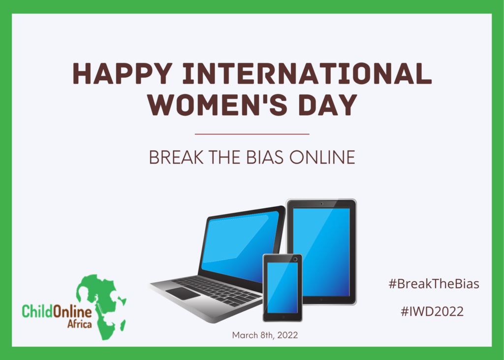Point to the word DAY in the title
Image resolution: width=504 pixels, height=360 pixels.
pyautogui.click(x=328, y=104)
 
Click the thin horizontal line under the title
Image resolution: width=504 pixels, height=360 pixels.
pyautogui.click(x=252, y=134)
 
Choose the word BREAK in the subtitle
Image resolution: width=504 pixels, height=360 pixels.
pyautogui.click(x=177, y=157)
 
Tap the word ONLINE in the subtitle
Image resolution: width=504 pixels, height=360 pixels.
pyautogui.click(x=322, y=157)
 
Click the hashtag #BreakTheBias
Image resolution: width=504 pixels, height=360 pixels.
pyautogui.click(x=434, y=284)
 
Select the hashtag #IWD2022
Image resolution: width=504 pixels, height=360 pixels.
pyautogui.click(x=432, y=311)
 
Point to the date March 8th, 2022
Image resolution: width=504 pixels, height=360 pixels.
pyautogui.click(x=265, y=335)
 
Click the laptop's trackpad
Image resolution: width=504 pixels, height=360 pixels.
pyautogui.click(x=183, y=294)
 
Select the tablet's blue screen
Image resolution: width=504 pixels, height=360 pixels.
pyautogui.click(x=321, y=252)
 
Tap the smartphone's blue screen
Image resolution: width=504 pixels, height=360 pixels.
pyautogui.click(x=283, y=288)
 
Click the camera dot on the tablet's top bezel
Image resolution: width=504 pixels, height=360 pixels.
pyautogui.click(x=321, y=204)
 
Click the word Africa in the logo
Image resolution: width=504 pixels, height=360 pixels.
pyautogui.click(x=79, y=323)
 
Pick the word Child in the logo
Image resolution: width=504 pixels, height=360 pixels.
pyautogui.click(x=37, y=311)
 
